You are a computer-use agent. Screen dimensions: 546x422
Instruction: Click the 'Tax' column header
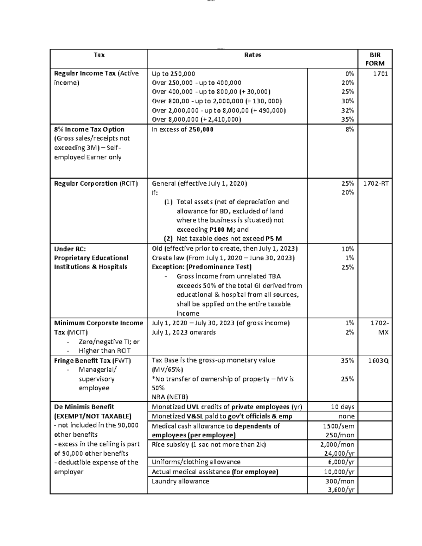[99, 55]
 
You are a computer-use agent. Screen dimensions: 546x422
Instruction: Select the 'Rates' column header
[252, 55]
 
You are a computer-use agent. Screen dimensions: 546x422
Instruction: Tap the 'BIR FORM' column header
[375, 59]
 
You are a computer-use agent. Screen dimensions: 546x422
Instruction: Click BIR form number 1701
[380, 73]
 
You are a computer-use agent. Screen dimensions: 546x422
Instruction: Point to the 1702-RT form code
[376, 184]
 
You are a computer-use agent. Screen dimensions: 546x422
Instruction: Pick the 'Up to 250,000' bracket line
[173, 74]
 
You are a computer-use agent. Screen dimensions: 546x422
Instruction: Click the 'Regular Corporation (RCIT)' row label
[96, 184]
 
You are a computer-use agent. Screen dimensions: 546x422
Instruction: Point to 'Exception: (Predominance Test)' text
[202, 267]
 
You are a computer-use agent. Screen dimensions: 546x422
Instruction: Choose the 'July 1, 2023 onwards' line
[184, 332]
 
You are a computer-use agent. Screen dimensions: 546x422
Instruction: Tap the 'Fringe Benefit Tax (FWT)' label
[92, 360]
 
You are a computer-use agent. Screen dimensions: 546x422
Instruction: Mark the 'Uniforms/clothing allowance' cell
[196, 462]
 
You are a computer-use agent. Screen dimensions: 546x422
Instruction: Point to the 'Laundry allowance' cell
[180, 481]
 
